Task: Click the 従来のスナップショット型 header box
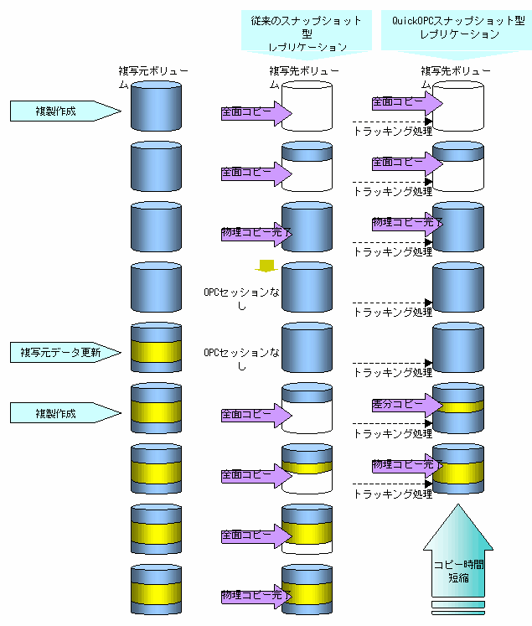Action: click(307, 33)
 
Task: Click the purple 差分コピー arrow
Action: click(405, 405)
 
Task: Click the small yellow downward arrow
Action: click(266, 266)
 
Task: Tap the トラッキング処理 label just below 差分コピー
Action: click(392, 433)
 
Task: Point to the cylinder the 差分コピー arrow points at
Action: click(457, 408)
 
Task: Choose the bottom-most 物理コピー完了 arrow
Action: click(256, 596)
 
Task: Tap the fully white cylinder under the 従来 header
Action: click(307, 106)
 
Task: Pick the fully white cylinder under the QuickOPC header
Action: click(457, 106)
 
